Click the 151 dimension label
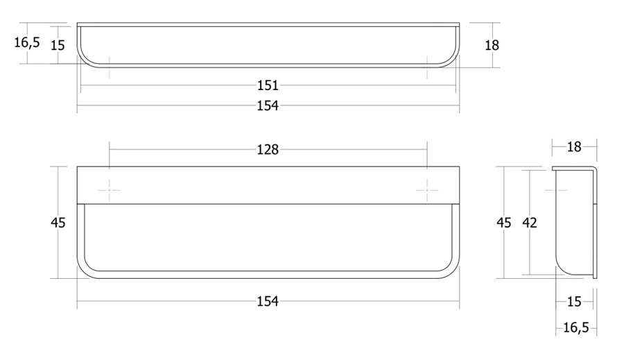tap(268, 85)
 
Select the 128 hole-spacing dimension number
tap(268, 150)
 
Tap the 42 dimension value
tap(529, 223)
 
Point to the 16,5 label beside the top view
tap(27, 42)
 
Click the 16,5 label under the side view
tap(576, 327)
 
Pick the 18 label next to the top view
tap(492, 45)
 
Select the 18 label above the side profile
tap(574, 147)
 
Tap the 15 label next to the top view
tap(58, 45)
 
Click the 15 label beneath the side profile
tap(574, 302)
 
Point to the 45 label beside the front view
tap(58, 223)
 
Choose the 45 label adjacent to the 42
tap(503, 223)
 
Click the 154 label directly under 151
tap(268, 106)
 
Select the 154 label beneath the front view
tap(268, 302)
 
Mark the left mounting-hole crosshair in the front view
tap(110, 190)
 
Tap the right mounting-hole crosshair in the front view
tap(427, 190)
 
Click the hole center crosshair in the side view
tap(556, 190)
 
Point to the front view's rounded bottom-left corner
tap(83, 273)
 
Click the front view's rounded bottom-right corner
tap(453, 273)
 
